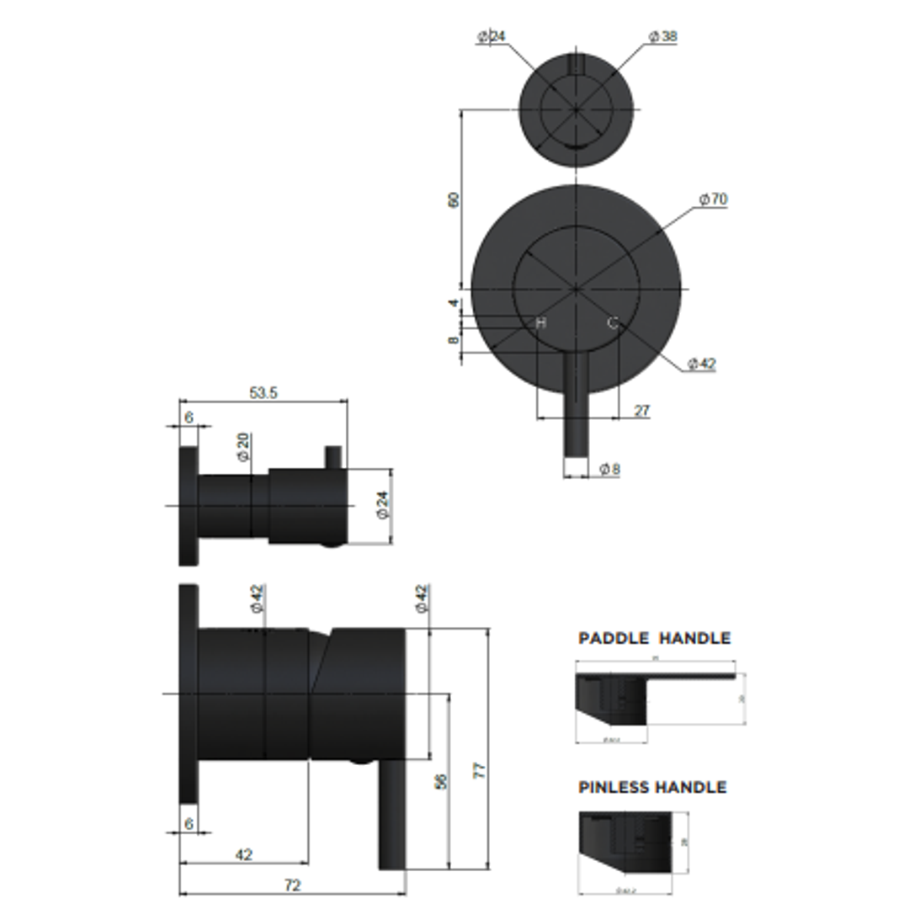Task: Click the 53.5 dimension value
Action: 263,392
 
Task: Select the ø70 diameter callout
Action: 712,199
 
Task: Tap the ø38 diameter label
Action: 663,36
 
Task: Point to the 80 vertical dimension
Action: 454,200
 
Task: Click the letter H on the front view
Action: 541,323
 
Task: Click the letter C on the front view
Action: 613,322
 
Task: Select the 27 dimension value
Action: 642,411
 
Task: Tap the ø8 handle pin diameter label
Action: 610,470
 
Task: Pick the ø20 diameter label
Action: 243,446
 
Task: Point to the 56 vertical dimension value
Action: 440,781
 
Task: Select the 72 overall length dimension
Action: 292,885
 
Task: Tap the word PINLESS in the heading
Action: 614,788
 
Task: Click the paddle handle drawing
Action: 640,699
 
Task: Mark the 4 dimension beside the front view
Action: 453,303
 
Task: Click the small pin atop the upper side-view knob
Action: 334,456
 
